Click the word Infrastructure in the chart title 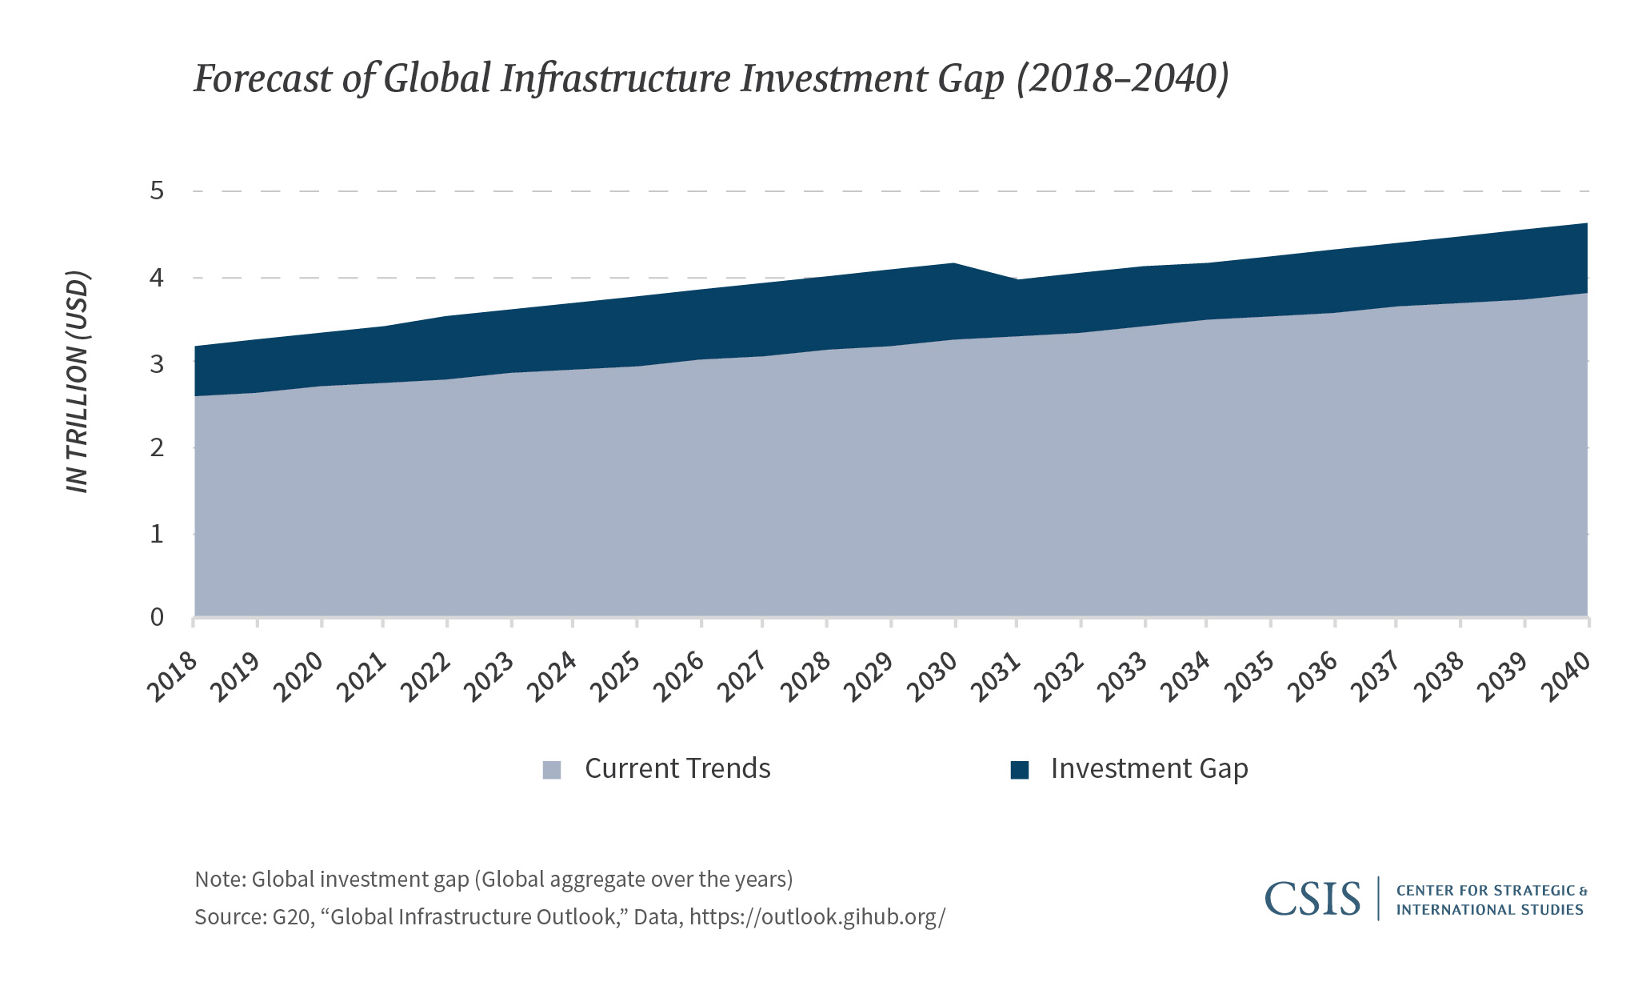[614, 79]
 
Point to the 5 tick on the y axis [157, 191]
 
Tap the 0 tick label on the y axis [157, 617]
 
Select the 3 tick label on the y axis [157, 364]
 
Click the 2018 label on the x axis [173, 677]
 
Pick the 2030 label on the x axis [933, 677]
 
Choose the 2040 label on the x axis [1567, 677]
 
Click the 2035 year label [1250, 677]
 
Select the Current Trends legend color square [552, 770]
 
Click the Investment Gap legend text [1149, 768]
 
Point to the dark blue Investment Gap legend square [1019, 770]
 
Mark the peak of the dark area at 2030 [954, 264]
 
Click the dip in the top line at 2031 [1017, 280]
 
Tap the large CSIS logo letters [1312, 899]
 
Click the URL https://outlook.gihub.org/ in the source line [817, 916]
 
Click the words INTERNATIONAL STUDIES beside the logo [1489, 910]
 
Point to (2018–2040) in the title [1122, 79]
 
